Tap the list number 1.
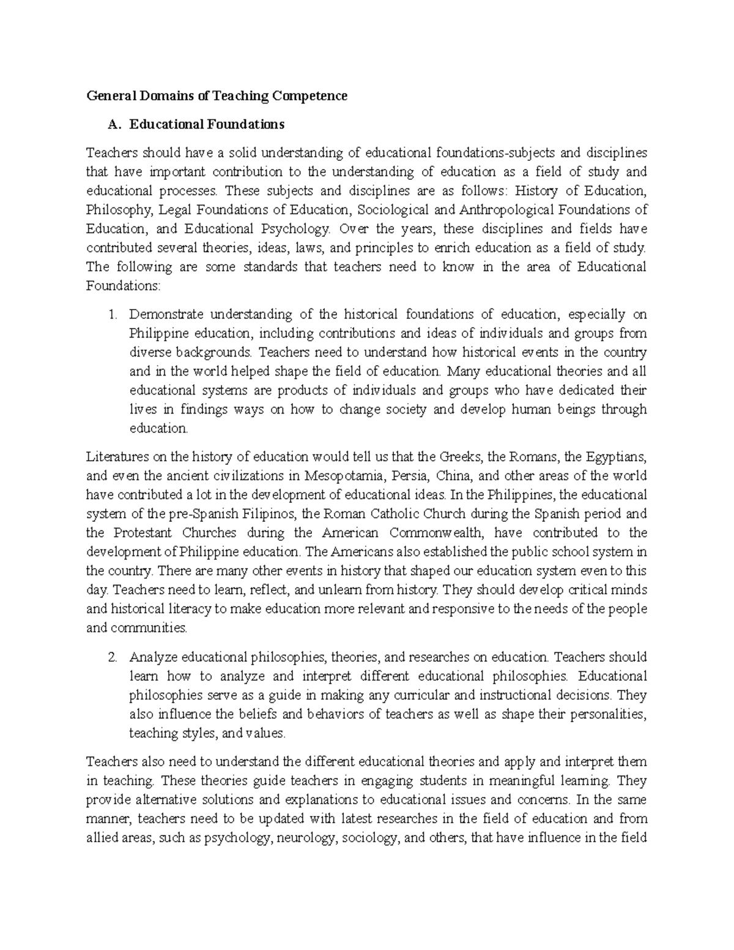[112, 315]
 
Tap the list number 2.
[112, 658]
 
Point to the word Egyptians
[614, 457]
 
